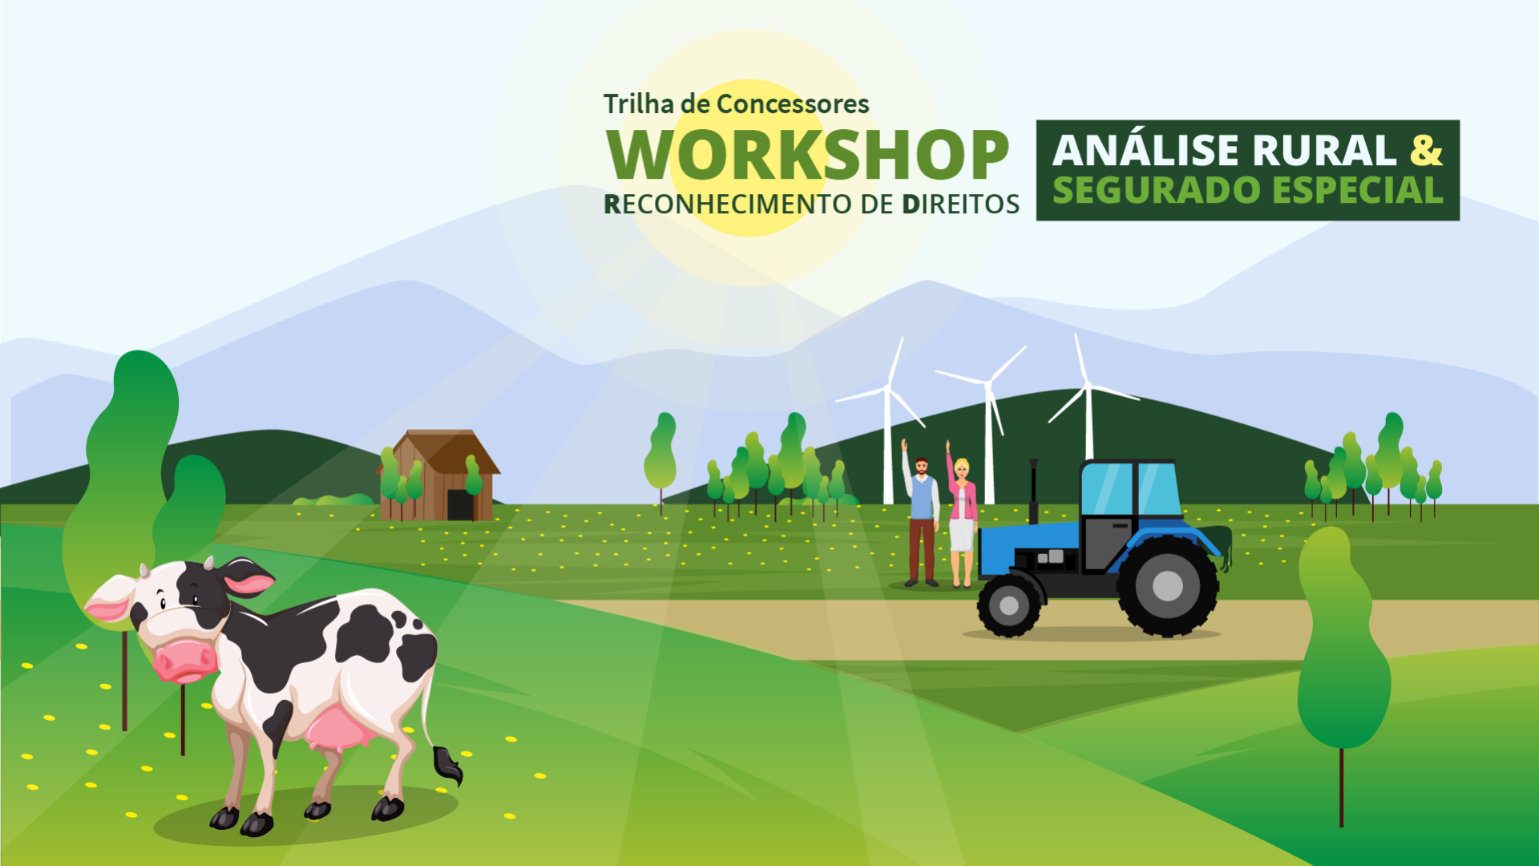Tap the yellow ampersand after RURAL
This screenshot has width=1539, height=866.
click(x=1426, y=150)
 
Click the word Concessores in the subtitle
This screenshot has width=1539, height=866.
click(x=792, y=103)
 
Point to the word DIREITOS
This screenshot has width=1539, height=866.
click(x=960, y=204)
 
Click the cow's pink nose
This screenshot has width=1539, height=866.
click(x=184, y=662)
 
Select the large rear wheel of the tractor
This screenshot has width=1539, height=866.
click(x=1167, y=586)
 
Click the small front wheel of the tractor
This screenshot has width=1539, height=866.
click(x=1009, y=606)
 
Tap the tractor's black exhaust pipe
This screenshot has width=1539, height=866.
click(x=1034, y=491)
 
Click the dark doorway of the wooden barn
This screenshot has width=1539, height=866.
click(x=460, y=505)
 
